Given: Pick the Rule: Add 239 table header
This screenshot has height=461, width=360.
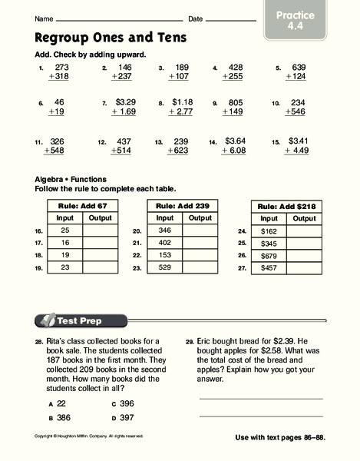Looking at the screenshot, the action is click(178, 207).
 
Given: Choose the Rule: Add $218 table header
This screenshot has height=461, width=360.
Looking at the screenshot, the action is click(286, 207).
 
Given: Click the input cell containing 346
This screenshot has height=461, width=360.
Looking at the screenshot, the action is click(163, 230).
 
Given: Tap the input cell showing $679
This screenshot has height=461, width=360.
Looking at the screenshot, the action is click(269, 255).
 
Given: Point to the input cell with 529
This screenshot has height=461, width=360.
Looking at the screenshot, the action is click(163, 267).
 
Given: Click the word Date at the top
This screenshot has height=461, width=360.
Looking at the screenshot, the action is click(195, 18).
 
